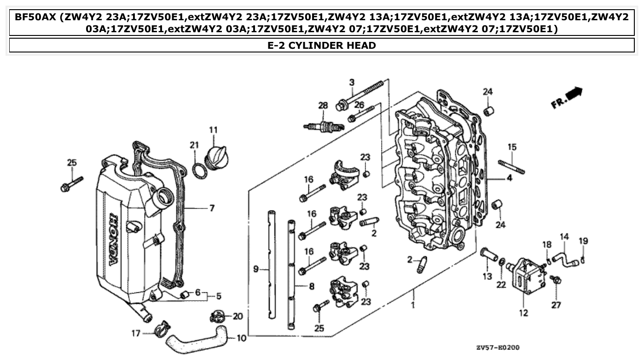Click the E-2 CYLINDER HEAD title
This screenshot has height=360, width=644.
[x=322, y=45]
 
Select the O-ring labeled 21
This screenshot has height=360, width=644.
[x=198, y=170]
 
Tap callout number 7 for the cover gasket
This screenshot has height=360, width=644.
[x=212, y=209]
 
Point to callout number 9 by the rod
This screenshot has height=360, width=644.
[x=256, y=270]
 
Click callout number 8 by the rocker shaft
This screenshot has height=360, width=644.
[x=312, y=286]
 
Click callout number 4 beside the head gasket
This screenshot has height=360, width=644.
[x=509, y=178]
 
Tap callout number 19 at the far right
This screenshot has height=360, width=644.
[x=583, y=241]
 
